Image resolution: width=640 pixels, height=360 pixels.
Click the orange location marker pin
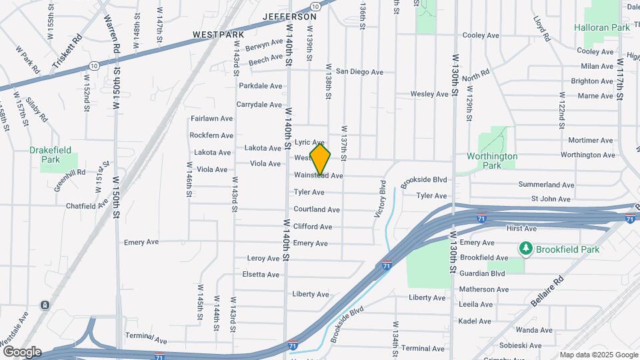[321, 160]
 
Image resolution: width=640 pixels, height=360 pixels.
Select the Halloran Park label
[602, 28]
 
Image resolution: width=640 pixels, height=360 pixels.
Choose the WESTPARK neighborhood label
[218, 34]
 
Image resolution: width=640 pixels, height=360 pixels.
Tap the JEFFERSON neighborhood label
[289, 16]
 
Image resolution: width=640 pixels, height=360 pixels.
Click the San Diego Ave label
[359, 71]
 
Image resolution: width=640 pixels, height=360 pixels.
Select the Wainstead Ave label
[319, 176]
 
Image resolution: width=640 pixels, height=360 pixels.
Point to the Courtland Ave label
[317, 209]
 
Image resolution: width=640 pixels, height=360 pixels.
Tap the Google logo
[21, 352]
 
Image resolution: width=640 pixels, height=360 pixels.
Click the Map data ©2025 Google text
[598, 355]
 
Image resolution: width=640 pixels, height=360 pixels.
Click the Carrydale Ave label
[259, 105]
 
